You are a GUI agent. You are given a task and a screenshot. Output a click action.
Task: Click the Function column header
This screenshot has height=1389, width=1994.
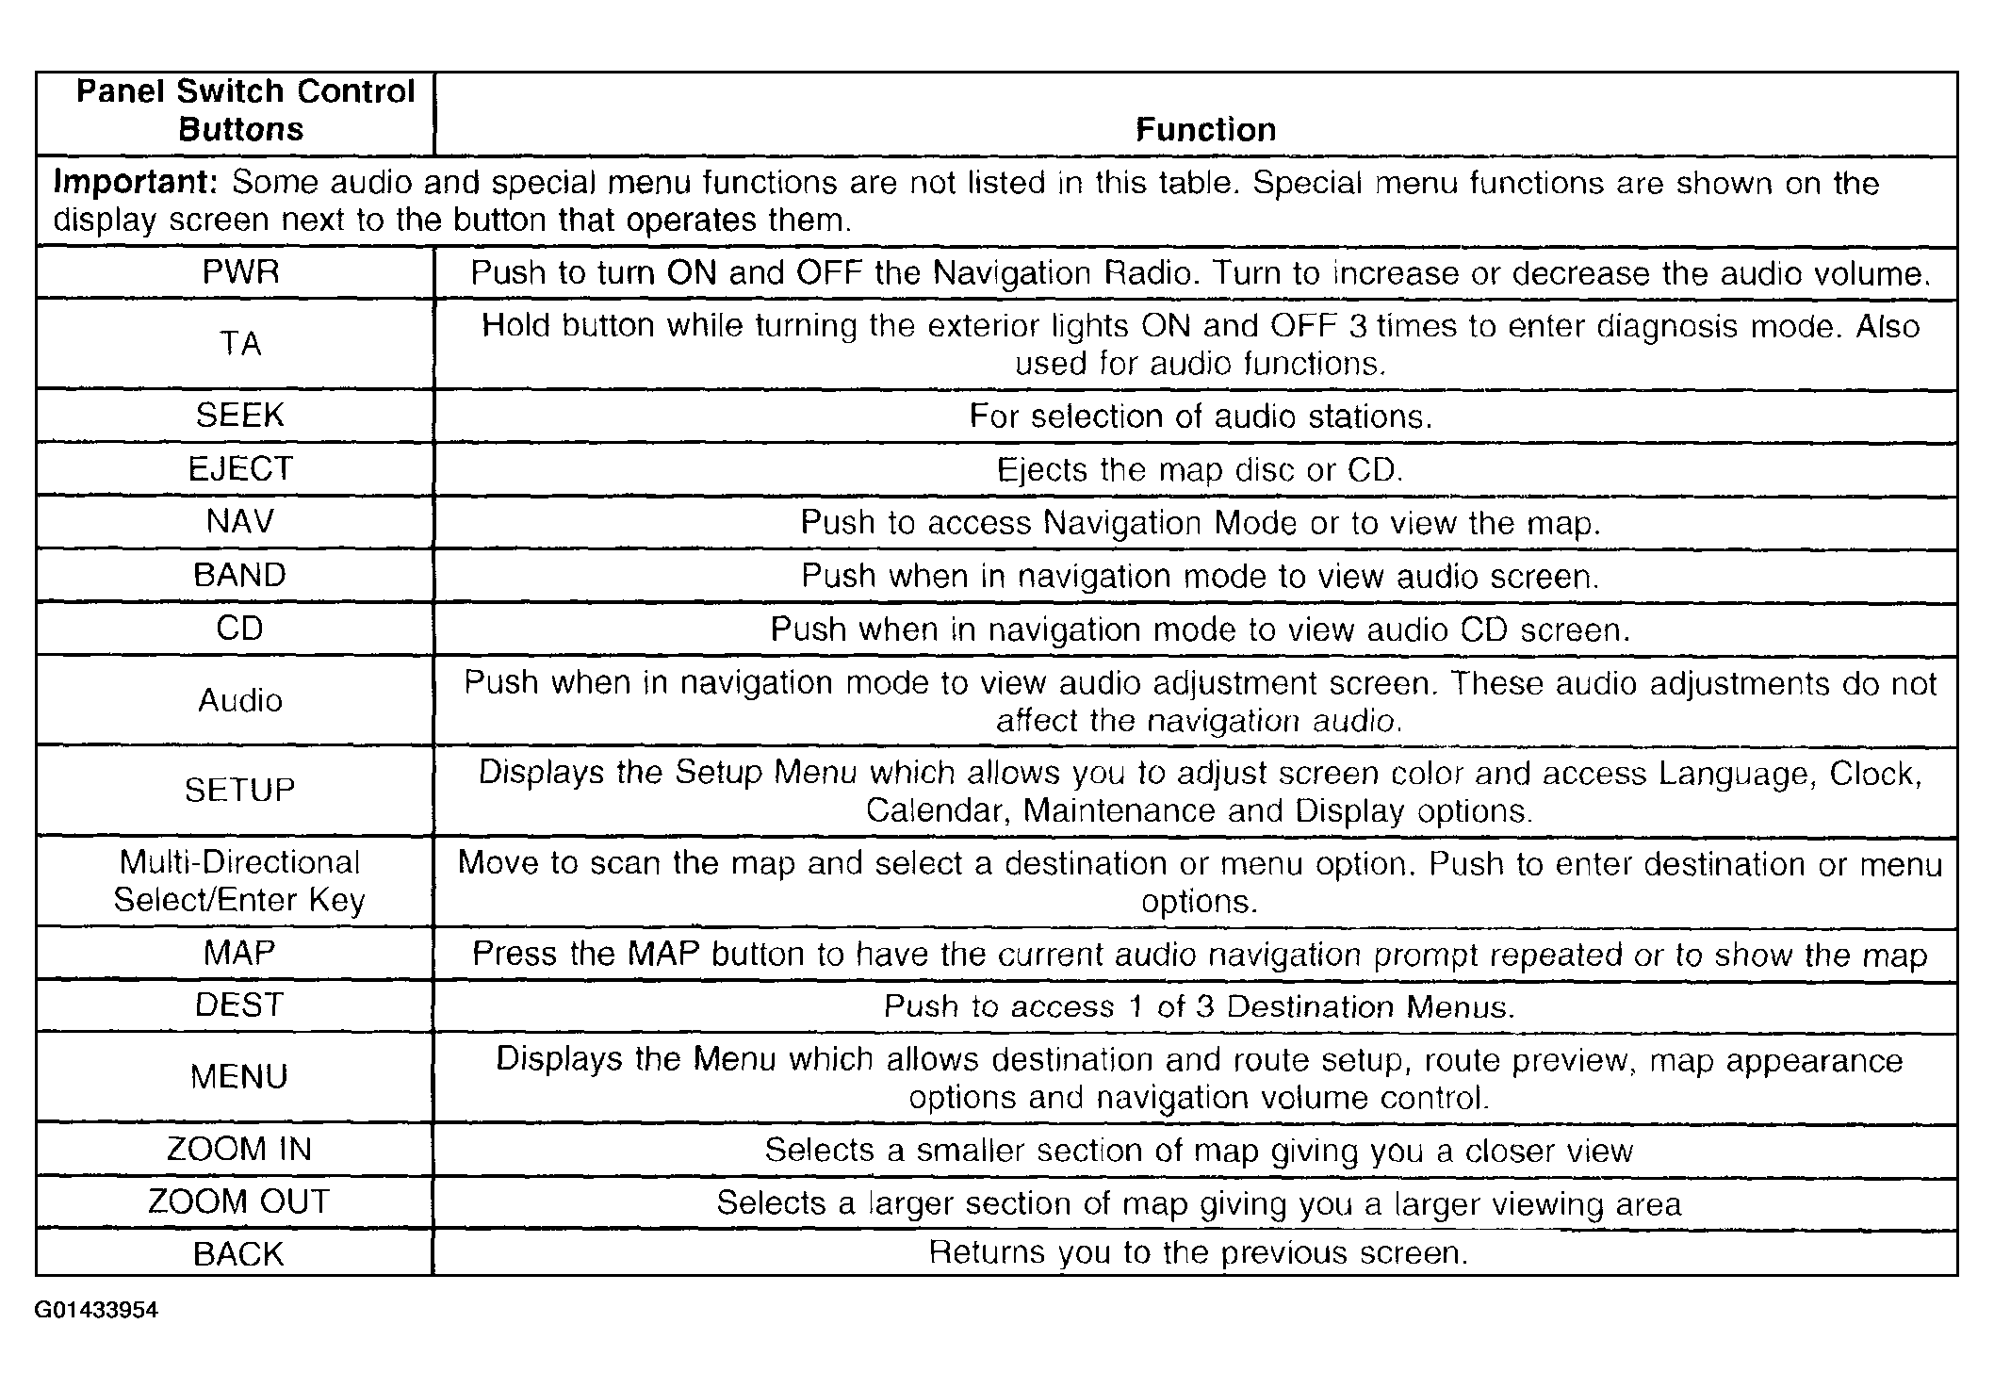coord(1205,130)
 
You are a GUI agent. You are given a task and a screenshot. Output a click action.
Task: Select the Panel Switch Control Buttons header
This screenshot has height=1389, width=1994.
coord(244,110)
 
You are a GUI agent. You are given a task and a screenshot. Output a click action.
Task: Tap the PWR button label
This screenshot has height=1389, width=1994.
coord(240,273)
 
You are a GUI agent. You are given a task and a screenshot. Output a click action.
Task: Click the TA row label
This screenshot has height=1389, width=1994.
coord(240,344)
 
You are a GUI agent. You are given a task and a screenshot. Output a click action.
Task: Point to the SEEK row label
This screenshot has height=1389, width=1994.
coord(239,416)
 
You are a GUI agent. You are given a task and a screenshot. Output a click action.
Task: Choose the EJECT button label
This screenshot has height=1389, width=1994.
coord(240,469)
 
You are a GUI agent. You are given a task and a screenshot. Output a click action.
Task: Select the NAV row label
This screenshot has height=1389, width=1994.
coord(239,522)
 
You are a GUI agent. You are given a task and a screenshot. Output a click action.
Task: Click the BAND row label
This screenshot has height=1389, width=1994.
coord(239,576)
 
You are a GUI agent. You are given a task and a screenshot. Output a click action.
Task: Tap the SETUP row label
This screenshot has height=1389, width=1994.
coord(239,790)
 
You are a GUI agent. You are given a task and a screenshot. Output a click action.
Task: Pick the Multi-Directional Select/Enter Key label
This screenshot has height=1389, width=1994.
coord(239,881)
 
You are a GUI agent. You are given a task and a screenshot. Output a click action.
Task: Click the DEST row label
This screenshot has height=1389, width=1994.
coord(239,1005)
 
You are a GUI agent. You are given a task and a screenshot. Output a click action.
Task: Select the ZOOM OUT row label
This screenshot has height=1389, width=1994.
coord(239,1201)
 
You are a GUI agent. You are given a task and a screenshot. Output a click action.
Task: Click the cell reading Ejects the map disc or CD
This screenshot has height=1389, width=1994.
coord(1200,469)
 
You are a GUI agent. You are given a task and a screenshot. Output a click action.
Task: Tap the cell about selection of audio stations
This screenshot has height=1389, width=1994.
coord(1200,417)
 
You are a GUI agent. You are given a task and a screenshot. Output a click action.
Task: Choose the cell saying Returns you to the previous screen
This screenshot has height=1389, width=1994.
coord(1198,1252)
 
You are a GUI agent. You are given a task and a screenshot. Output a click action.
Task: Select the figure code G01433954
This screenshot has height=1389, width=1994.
coord(96,1311)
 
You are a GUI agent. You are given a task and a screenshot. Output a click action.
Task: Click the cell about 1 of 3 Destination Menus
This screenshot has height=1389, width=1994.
coord(1199,1006)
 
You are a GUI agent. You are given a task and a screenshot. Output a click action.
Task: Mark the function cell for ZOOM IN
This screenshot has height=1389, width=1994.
coord(1198,1150)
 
